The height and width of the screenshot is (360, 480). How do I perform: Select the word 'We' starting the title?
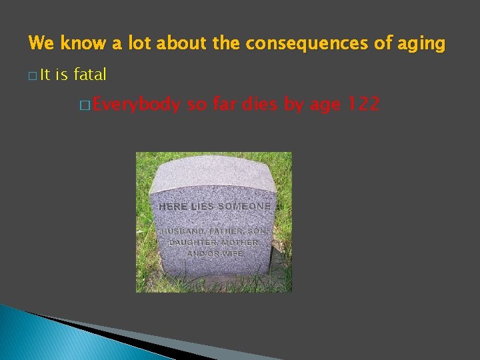(41, 44)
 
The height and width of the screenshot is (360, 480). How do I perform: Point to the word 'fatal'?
(90, 75)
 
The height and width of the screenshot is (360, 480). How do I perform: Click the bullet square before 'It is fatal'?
(32, 76)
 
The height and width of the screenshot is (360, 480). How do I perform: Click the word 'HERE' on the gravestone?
(173, 207)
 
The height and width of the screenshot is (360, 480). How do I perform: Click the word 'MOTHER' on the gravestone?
(242, 243)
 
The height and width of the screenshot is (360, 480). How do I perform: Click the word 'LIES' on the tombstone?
(203, 207)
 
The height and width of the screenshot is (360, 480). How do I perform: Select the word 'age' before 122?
(320, 105)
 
